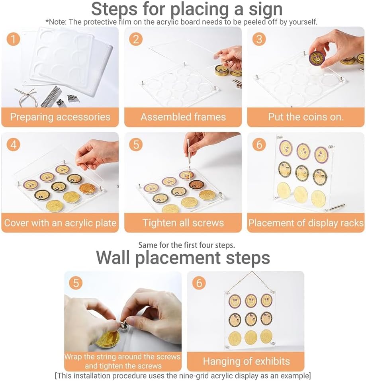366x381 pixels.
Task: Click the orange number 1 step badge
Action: pos(14,39)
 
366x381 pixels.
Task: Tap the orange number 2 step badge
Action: pos(136,39)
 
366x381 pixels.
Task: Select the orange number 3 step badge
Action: pos(259,39)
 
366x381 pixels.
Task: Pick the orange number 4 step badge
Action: pos(14,145)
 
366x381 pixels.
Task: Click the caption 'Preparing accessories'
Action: pos(60,117)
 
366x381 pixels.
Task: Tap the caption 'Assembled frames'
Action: pos(183,117)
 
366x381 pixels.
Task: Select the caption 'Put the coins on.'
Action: pos(306,117)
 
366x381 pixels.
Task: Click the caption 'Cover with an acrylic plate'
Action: pos(60,223)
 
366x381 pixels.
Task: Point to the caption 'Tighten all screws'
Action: pos(183,223)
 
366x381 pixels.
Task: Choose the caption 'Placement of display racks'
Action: pos(306,223)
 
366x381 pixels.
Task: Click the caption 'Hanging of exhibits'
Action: pos(246,361)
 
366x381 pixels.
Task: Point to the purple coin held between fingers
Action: pos(318,59)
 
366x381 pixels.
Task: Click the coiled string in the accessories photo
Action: pos(26,97)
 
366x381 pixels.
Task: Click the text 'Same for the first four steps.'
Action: pos(187,245)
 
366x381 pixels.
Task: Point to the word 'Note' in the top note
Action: pos(58,22)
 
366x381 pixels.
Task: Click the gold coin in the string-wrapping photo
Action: pos(107,338)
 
